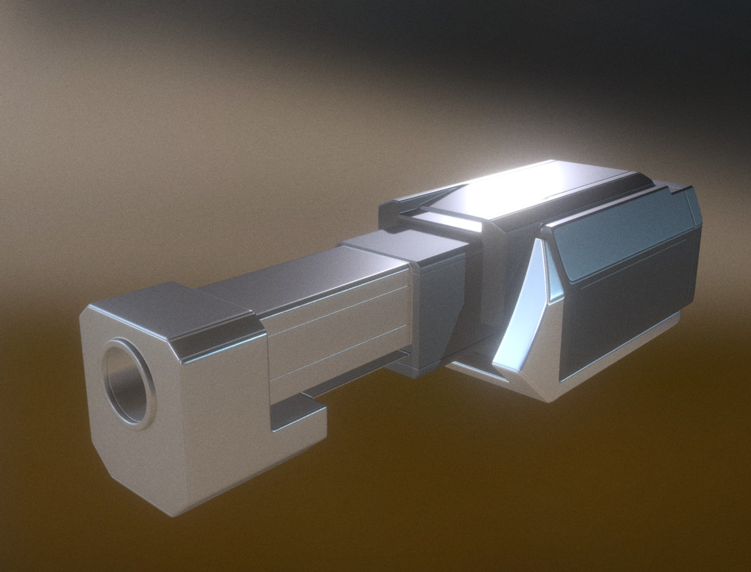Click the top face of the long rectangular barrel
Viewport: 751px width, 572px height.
[x=297, y=281]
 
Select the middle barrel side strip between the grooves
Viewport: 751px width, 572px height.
[x=339, y=339]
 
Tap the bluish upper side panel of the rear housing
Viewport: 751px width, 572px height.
[x=625, y=238]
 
